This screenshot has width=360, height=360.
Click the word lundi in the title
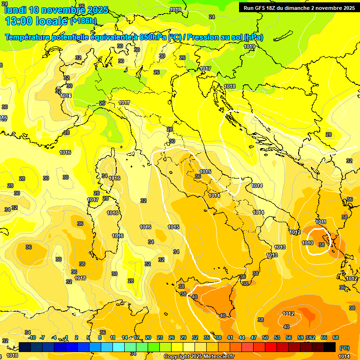pos(16,10)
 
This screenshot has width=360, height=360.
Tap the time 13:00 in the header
pos(19,21)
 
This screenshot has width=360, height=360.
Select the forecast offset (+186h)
pos(83,21)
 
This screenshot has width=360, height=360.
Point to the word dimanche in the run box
pos(300,8)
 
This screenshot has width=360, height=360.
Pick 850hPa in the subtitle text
pos(153,37)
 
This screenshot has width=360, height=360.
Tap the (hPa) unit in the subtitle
pos(254,37)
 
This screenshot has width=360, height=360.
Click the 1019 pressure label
pos(249,46)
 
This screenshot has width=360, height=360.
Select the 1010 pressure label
pos(307,243)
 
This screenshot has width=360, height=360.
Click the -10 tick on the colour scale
pos(32,337)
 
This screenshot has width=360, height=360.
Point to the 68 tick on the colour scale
pos(336,337)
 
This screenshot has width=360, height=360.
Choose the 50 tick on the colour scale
pos(265,337)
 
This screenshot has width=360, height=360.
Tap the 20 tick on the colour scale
pos(148,337)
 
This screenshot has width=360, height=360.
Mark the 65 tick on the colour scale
pos(324,337)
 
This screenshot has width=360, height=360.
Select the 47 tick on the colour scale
pos(254,337)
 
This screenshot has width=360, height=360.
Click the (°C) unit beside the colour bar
pos(344,347)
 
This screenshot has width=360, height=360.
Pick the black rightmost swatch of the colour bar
pos(330,347)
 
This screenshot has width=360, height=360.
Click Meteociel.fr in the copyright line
pos(218,357)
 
